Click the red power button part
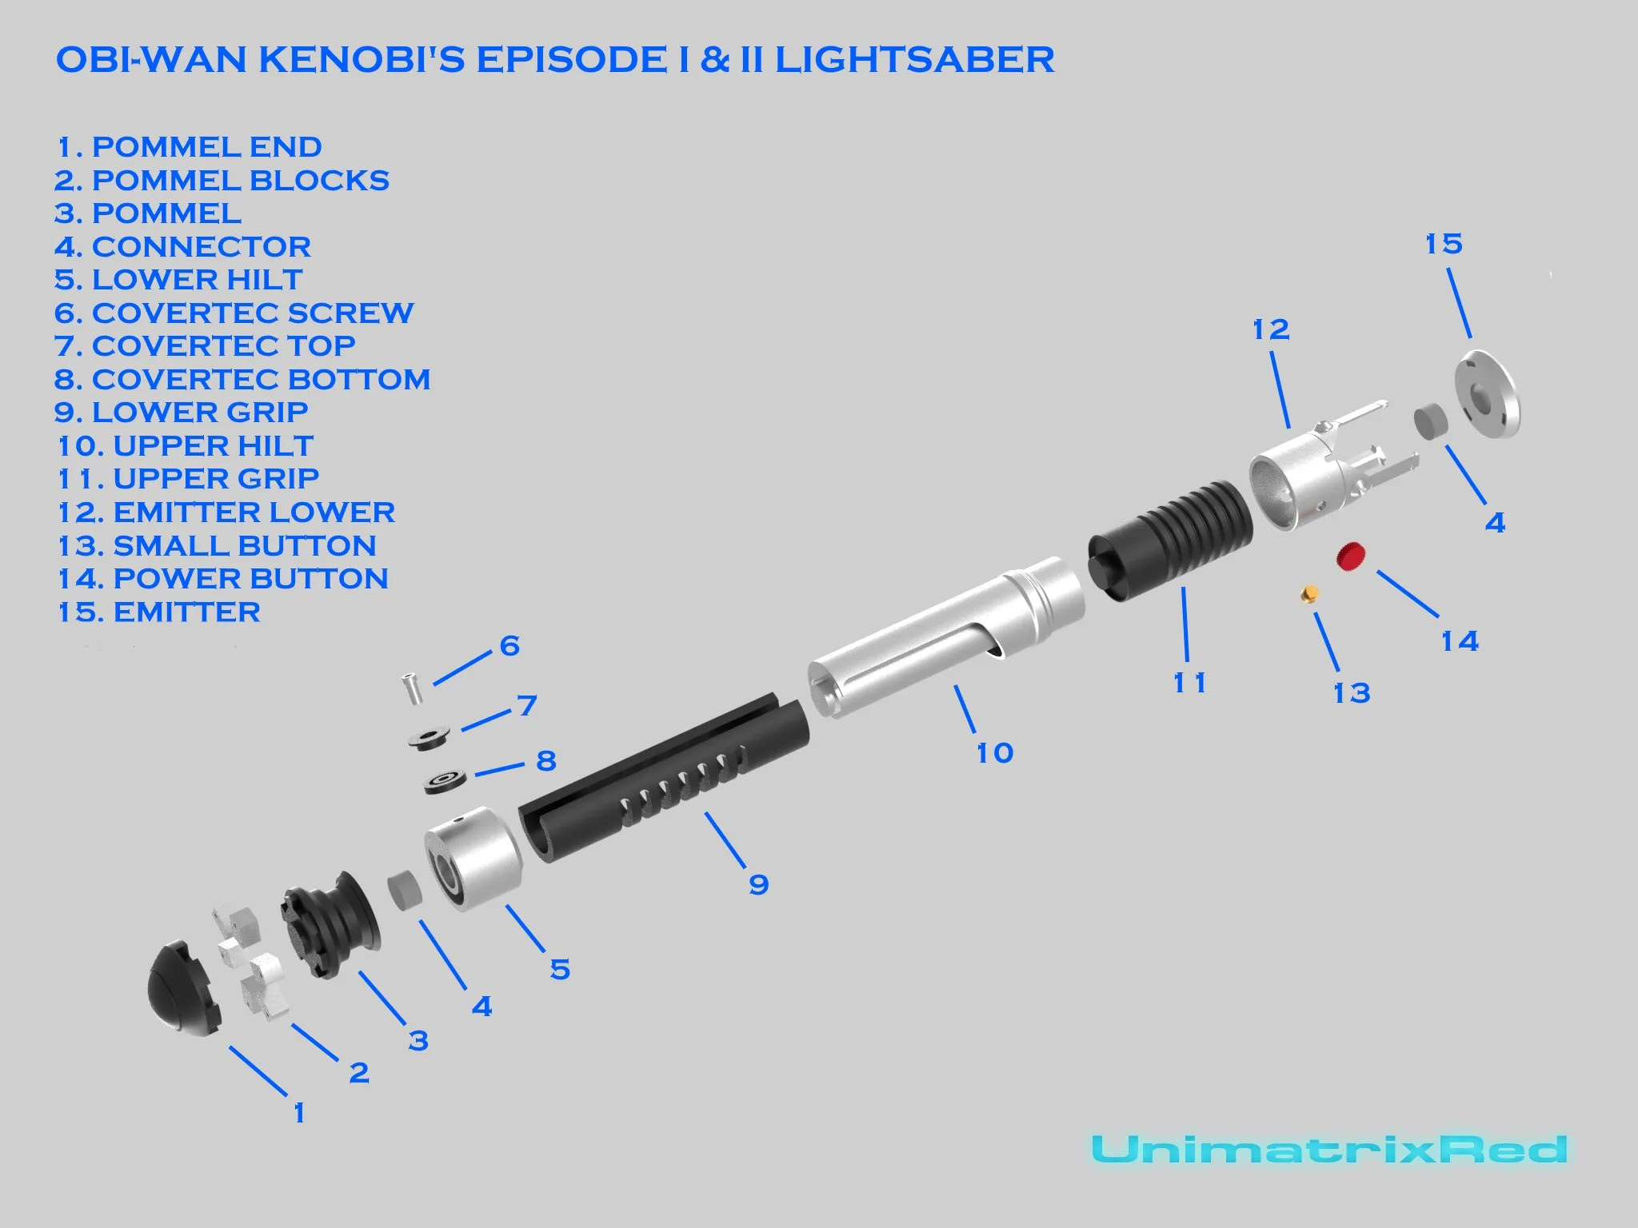pyautogui.click(x=1351, y=556)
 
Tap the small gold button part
pyautogui.click(x=1309, y=593)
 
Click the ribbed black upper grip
pyautogui.click(x=1169, y=537)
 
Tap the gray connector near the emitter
pyautogui.click(x=1430, y=421)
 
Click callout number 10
pyautogui.click(x=994, y=752)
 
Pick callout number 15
pyautogui.click(x=1443, y=244)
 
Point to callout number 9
pyautogui.click(x=758, y=884)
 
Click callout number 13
pyautogui.click(x=1351, y=692)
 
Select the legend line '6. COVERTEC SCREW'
pyautogui.click(x=234, y=313)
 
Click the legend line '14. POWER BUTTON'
pyautogui.click(x=223, y=578)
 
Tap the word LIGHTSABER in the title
pyautogui.click(x=914, y=60)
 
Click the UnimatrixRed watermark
pyautogui.click(x=1328, y=1150)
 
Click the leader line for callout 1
pyautogui.click(x=258, y=1071)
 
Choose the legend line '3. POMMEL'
pyautogui.click(x=148, y=213)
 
